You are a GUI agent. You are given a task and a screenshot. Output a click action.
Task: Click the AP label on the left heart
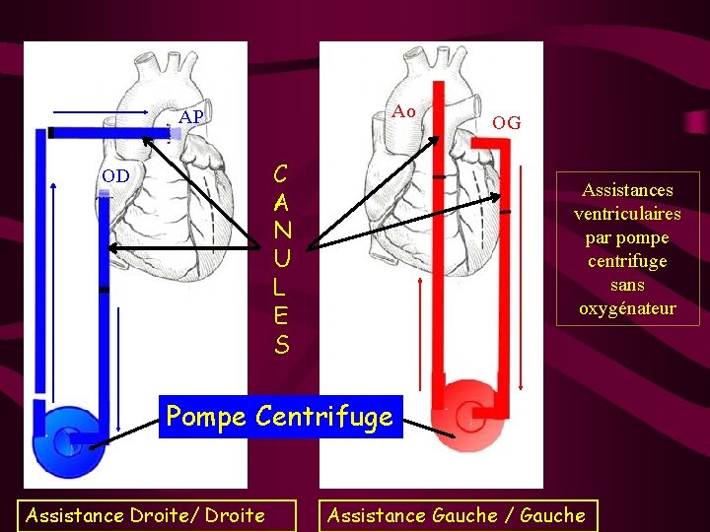coord(192,117)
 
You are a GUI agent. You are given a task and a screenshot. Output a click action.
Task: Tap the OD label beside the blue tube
coord(115,176)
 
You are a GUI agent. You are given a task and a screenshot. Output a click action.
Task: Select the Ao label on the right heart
coord(403,111)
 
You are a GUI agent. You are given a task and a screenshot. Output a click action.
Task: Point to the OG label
coord(507,123)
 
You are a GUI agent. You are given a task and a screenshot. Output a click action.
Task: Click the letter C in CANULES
coord(281,175)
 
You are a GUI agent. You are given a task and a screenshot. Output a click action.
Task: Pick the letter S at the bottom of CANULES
coord(282,345)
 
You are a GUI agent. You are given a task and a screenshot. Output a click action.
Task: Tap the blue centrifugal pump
coord(69,440)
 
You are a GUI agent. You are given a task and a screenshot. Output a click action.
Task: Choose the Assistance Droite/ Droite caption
coord(145,515)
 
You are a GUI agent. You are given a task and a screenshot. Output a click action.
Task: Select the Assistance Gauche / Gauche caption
coord(456,515)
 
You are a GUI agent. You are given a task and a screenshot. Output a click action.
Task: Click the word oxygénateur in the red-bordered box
coord(627,308)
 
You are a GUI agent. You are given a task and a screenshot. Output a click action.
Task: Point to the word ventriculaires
coord(627,214)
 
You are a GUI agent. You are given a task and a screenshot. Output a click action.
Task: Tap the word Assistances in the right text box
coord(627,190)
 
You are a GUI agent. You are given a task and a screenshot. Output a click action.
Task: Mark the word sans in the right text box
coord(627,285)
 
